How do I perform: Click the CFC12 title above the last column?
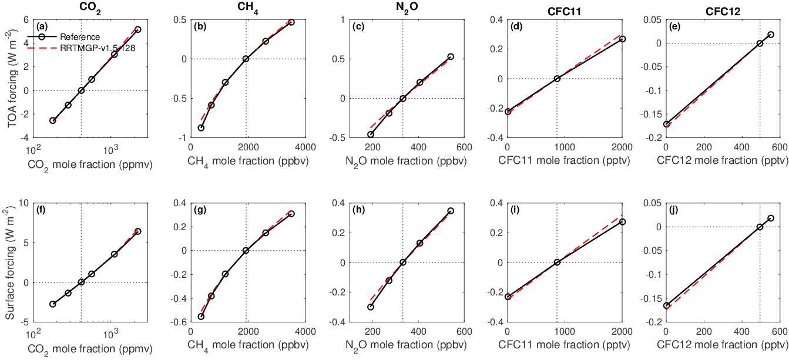723,12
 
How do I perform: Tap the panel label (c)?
358,26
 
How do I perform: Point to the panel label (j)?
674,210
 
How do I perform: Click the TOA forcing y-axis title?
13,79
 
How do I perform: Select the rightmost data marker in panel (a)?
137,29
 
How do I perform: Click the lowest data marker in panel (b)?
201,128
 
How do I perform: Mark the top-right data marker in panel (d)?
622,39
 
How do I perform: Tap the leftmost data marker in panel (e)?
666,124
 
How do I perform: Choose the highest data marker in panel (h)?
451,211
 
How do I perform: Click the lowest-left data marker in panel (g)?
201,317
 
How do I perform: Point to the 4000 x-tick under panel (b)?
305,147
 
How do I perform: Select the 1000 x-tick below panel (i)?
565,331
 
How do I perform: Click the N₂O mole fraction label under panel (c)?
406,162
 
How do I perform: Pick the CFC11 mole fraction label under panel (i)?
564,345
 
